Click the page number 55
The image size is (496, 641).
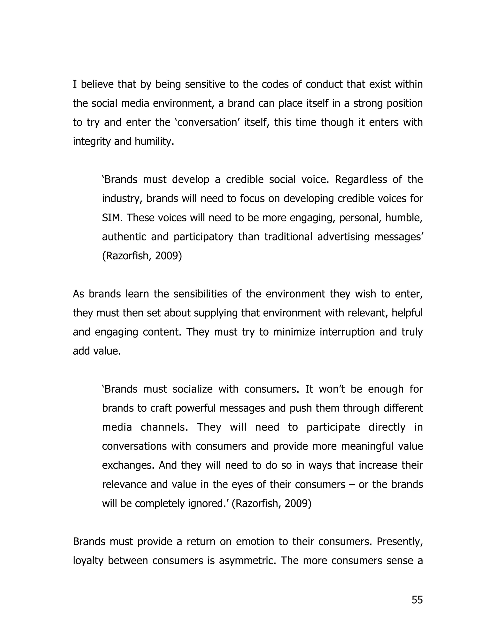tap(417, 600)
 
